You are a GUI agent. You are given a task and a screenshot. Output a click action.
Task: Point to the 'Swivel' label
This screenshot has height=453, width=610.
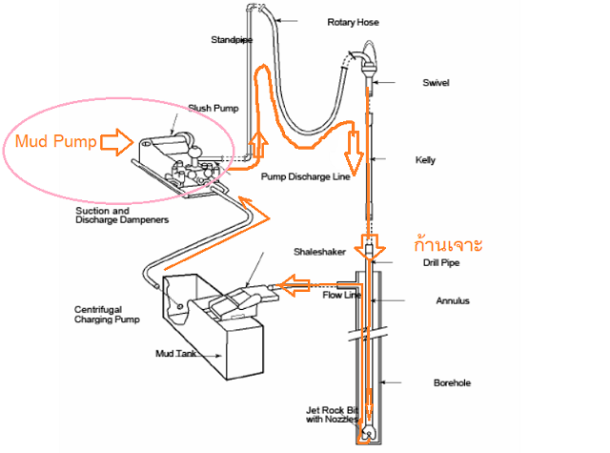pos(436,82)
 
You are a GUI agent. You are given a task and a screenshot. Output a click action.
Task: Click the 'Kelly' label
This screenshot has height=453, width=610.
pos(426,160)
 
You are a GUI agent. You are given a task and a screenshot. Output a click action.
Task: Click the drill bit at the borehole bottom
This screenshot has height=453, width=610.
pos(366,435)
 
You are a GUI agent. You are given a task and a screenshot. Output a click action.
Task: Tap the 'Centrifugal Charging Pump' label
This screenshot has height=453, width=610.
pos(108,314)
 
